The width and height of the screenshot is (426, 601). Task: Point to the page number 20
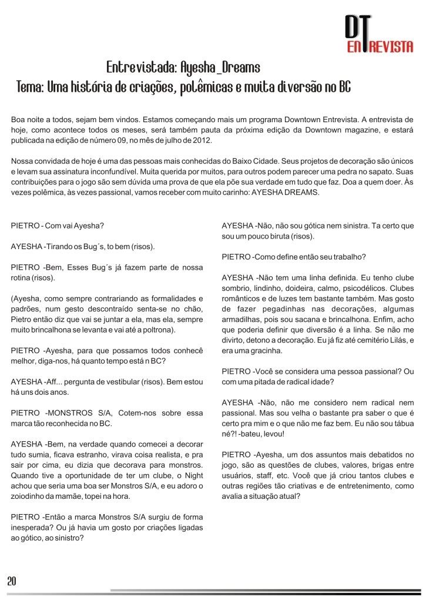pyautogui.click(x=11, y=581)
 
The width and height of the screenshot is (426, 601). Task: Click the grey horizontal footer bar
pyautogui.click(x=264, y=590)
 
